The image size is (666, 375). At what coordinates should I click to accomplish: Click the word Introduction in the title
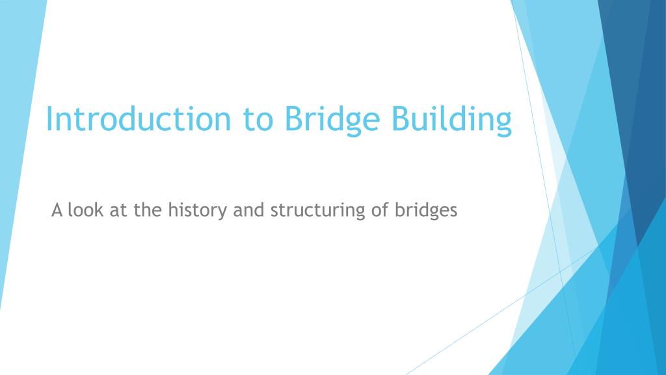pyautogui.click(x=137, y=119)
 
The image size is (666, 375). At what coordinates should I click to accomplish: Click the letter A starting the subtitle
pyautogui.click(x=57, y=211)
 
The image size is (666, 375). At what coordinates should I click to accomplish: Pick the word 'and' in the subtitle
pyautogui.click(x=249, y=211)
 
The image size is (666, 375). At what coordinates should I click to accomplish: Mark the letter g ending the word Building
pyautogui.click(x=503, y=124)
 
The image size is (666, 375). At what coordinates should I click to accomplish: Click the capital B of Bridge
pyautogui.click(x=292, y=119)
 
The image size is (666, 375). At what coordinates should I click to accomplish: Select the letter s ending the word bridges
pyautogui.click(x=454, y=212)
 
